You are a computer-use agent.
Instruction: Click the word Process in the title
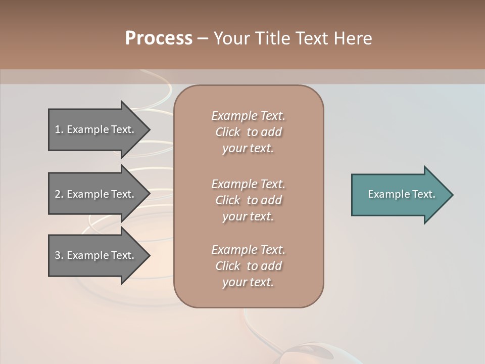tap(159, 38)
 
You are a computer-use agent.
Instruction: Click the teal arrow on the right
tap(399, 195)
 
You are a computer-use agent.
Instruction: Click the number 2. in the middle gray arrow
tap(59, 194)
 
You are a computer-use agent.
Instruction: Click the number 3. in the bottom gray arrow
tap(59, 255)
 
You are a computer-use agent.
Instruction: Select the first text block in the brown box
tap(248, 132)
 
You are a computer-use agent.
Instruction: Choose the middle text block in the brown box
tap(248, 200)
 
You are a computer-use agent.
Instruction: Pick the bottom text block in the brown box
tap(248, 266)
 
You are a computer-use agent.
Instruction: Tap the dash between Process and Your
tap(203, 38)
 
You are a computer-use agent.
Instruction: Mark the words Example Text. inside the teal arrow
tap(401, 194)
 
